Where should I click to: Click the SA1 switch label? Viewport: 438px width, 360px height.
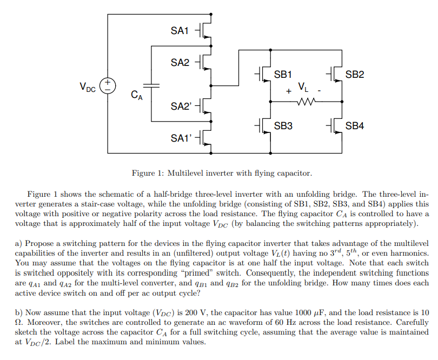[180, 31]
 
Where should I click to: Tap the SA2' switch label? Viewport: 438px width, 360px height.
[181, 106]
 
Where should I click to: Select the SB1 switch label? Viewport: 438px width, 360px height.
[283, 74]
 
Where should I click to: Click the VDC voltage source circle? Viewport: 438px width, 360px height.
[108, 85]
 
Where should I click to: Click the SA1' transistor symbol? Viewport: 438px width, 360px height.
[205, 138]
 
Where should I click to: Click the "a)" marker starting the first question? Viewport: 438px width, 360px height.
[18, 244]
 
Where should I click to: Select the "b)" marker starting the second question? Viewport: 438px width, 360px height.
[18, 312]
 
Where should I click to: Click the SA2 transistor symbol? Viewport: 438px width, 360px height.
[205, 63]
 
